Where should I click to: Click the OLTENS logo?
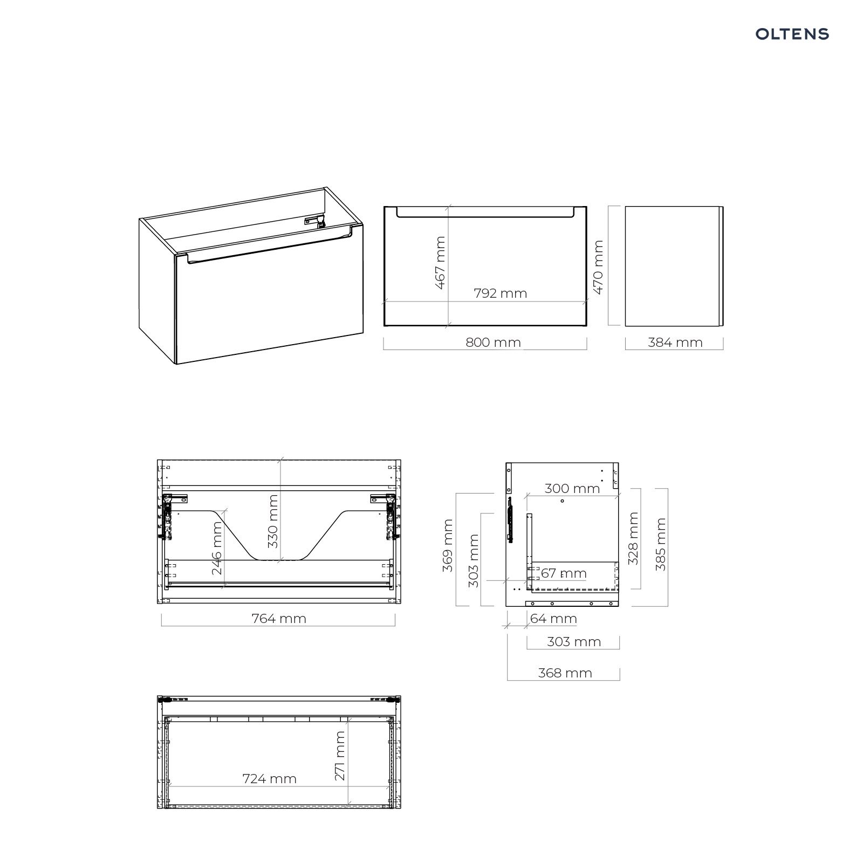tap(792, 34)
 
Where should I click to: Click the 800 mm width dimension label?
tap(494, 343)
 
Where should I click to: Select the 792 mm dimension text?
tap(501, 293)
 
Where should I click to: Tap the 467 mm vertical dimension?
tap(441, 263)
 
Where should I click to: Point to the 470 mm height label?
tap(598, 268)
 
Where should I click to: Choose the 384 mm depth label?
tap(675, 343)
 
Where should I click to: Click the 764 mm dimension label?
tap(279, 619)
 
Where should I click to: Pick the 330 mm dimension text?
tap(273, 522)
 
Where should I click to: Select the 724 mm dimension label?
tap(270, 779)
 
